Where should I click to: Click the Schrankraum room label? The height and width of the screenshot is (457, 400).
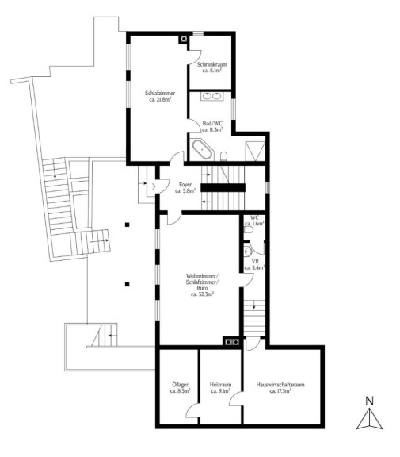click(x=211, y=67)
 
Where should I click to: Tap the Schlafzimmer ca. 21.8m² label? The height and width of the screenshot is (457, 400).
click(x=160, y=96)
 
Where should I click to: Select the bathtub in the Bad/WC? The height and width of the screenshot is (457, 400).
click(x=202, y=149)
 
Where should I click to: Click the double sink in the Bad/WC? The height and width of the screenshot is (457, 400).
click(x=211, y=96)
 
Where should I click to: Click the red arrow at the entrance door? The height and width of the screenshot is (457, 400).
click(x=154, y=186)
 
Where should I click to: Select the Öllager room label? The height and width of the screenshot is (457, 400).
click(x=181, y=388)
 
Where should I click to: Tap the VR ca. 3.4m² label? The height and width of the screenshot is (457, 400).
click(x=254, y=265)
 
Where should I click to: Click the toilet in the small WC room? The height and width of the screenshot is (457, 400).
click(x=249, y=229)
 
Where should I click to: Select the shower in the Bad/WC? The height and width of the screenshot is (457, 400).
click(x=255, y=151)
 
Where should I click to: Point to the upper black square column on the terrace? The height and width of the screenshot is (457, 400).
click(x=127, y=225)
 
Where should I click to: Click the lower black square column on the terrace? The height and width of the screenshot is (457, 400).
click(x=127, y=284)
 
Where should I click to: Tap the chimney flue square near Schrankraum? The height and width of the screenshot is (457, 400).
click(x=184, y=39)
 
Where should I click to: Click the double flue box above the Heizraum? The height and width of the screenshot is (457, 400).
click(x=232, y=342)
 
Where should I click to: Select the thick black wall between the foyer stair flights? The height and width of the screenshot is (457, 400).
click(x=223, y=188)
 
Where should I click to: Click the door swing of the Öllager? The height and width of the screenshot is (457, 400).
click(x=192, y=411)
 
